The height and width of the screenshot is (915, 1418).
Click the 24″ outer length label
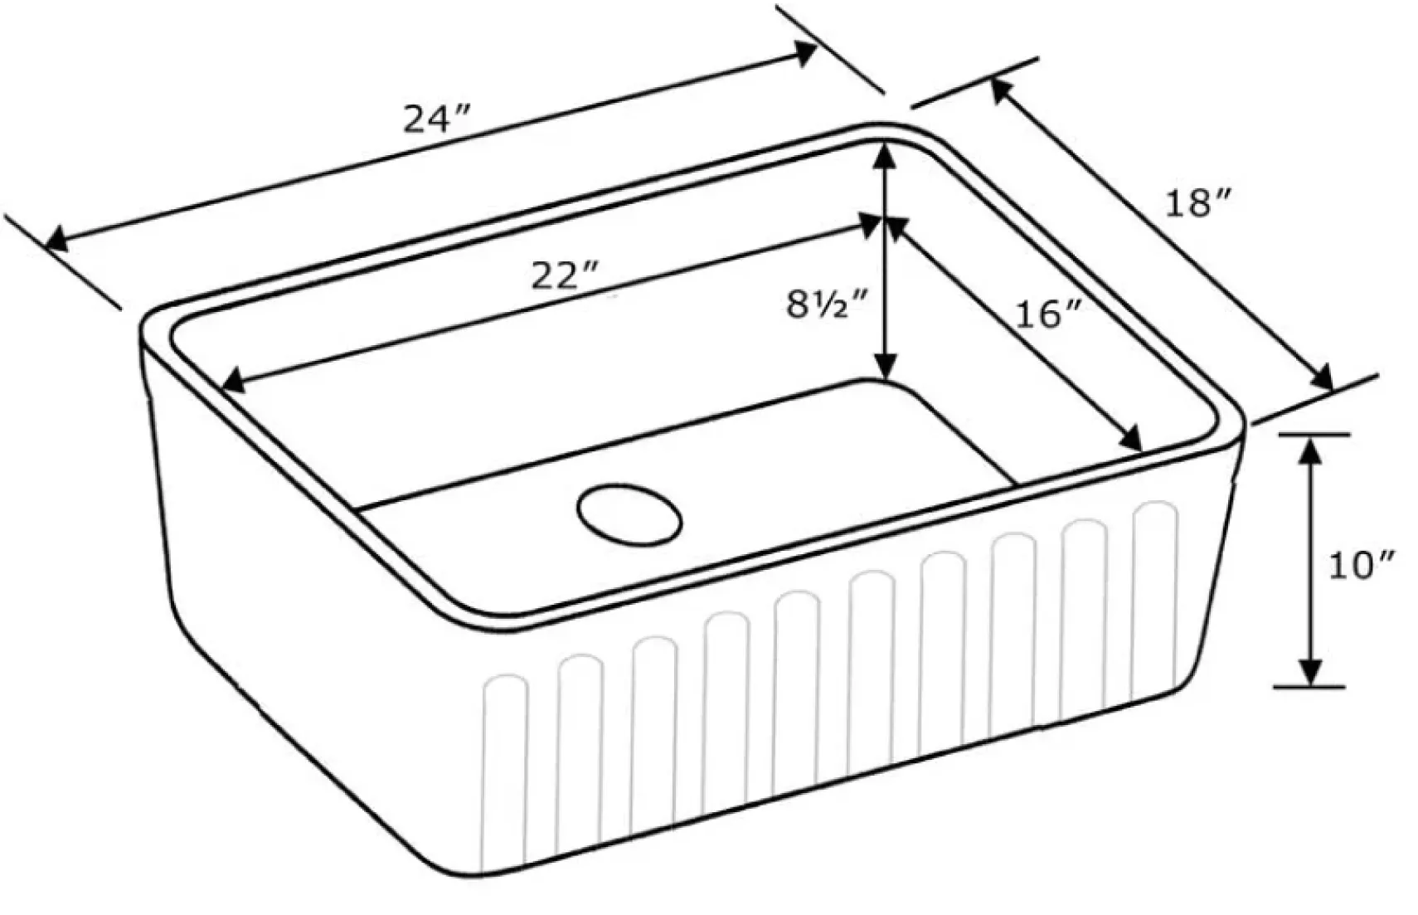(x=436, y=119)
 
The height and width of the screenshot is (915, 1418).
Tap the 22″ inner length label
(x=564, y=276)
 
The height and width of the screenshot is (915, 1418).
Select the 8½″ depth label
(x=825, y=304)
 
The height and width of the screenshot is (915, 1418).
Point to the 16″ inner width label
(x=1047, y=314)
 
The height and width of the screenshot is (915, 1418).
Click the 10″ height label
(x=1362, y=565)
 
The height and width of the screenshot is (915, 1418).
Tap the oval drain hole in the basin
(x=630, y=514)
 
